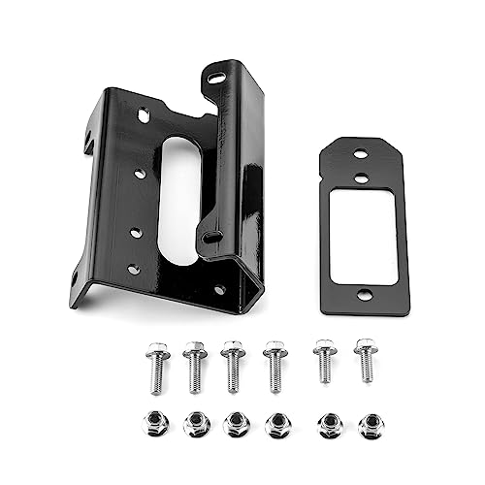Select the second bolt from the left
point(194,366)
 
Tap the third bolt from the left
point(233,366)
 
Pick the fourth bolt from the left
point(275,366)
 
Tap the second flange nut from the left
point(195,422)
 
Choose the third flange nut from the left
point(234,423)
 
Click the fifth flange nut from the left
point(329,423)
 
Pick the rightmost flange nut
point(370,423)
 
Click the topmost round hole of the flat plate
point(360,153)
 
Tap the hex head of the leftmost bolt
point(156,349)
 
